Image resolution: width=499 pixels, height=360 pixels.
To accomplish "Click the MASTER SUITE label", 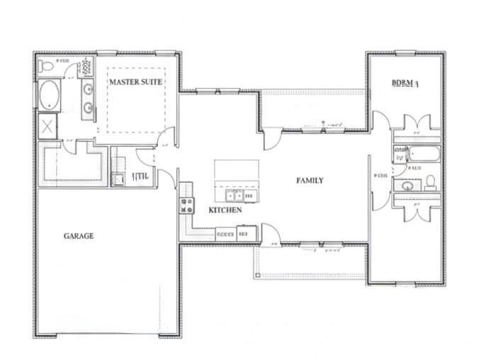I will [x=135, y=82].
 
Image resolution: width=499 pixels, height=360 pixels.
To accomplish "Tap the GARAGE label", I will [x=79, y=236].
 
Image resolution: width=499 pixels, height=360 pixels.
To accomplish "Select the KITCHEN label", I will [x=225, y=210].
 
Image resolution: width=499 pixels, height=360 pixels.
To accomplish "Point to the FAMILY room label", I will [x=310, y=181].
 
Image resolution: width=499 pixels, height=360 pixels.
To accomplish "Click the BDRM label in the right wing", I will [x=406, y=83].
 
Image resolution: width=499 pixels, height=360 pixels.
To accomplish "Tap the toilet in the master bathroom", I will [x=47, y=66].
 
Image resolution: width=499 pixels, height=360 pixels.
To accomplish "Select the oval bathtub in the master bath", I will [x=50, y=94].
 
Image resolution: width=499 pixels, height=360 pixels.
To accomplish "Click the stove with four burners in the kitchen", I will [x=187, y=206].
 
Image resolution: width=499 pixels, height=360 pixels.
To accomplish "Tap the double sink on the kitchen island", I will [x=235, y=195].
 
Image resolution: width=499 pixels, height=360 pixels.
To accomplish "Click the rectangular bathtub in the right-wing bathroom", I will [x=422, y=154].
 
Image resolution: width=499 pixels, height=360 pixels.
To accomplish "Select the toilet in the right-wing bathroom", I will [x=430, y=183].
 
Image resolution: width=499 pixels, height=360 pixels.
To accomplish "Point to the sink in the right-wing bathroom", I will [x=408, y=186].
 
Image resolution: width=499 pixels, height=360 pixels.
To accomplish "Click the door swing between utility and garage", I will [x=167, y=178].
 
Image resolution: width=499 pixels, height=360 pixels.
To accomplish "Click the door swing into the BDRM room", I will [x=380, y=120].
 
